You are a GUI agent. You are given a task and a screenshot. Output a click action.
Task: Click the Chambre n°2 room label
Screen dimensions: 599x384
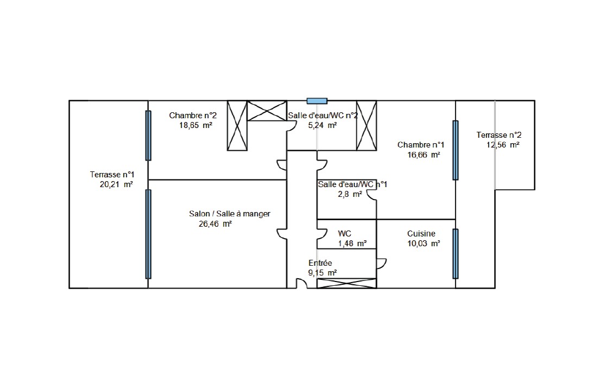tap(193, 116)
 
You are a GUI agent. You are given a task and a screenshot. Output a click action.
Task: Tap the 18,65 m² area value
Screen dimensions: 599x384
tap(196, 125)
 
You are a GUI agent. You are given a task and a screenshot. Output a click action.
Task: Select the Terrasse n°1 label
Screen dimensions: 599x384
tap(112, 175)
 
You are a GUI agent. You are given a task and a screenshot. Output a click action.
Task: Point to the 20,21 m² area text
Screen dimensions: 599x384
tap(116, 184)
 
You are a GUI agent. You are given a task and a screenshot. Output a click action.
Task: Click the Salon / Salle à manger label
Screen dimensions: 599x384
tap(230, 214)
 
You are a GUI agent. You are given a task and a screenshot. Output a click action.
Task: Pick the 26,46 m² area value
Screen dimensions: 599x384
tap(215, 223)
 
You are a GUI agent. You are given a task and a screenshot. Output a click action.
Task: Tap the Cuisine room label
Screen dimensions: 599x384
tap(421, 234)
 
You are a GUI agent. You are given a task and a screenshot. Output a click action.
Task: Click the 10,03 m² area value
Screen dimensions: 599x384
tap(424, 244)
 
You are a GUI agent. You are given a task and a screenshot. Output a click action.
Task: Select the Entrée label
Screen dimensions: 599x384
tap(320, 263)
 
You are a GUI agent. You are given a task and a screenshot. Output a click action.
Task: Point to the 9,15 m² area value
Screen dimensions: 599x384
tap(323, 273)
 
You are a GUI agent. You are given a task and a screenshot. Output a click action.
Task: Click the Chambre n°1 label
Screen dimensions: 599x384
tap(421, 145)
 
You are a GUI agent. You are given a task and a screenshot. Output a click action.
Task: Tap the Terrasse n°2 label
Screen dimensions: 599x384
tap(499, 135)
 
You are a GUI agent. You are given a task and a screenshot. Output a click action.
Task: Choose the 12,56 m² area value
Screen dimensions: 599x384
tap(503, 145)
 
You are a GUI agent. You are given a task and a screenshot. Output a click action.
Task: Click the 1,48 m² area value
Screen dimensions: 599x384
tap(352, 244)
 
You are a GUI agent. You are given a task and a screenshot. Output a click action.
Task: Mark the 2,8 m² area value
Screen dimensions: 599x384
tap(350, 194)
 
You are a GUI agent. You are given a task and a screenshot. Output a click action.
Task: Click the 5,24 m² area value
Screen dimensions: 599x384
tap(323, 125)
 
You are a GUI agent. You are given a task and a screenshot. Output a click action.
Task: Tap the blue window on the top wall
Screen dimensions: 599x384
tap(317, 101)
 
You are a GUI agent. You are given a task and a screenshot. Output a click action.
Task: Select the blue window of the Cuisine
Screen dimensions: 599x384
tap(456, 254)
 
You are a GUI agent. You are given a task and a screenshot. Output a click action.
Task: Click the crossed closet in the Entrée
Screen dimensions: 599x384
tap(347, 283)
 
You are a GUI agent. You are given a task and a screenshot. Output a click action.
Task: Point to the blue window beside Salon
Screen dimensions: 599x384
tap(148, 234)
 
